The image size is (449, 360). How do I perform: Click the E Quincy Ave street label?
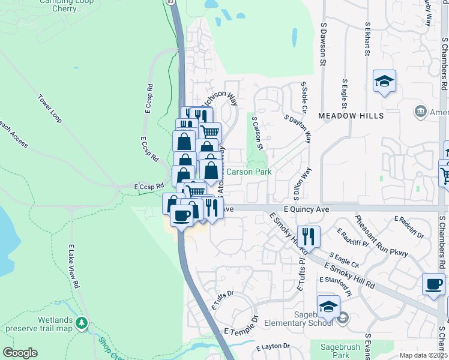point(306,209)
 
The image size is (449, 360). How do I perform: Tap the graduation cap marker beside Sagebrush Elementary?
point(328,307)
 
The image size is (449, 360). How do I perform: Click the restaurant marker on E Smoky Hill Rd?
point(309,236)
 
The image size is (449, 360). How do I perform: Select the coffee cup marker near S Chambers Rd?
point(433,284)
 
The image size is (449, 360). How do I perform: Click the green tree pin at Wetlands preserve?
point(81,323)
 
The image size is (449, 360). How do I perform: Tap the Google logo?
point(20,353)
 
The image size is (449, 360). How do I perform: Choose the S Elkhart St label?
point(367,40)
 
